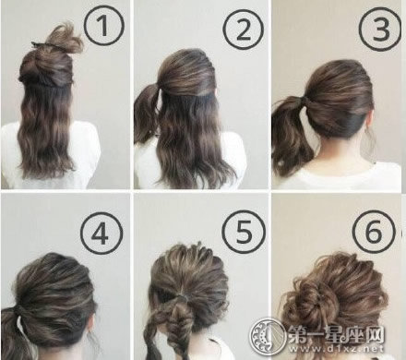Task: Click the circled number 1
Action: click(x=103, y=26)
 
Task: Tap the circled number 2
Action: click(x=244, y=30)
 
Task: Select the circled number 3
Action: click(x=380, y=30)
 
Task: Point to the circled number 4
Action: click(x=101, y=233)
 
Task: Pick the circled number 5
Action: click(x=244, y=231)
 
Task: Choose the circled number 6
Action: click(x=374, y=231)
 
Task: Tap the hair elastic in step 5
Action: click(x=182, y=297)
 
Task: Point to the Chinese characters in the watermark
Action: click(x=336, y=333)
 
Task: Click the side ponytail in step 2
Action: click(x=146, y=113)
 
